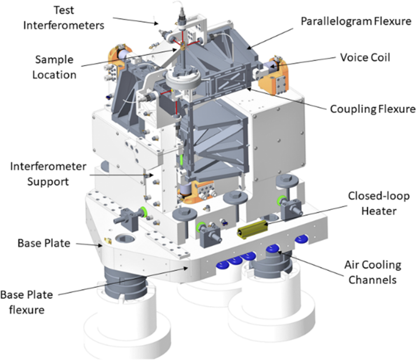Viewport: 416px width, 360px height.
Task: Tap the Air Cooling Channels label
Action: point(372,272)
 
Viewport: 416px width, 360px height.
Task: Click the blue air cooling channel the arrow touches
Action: point(273,249)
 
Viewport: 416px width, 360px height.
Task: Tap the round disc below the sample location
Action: point(181,79)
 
